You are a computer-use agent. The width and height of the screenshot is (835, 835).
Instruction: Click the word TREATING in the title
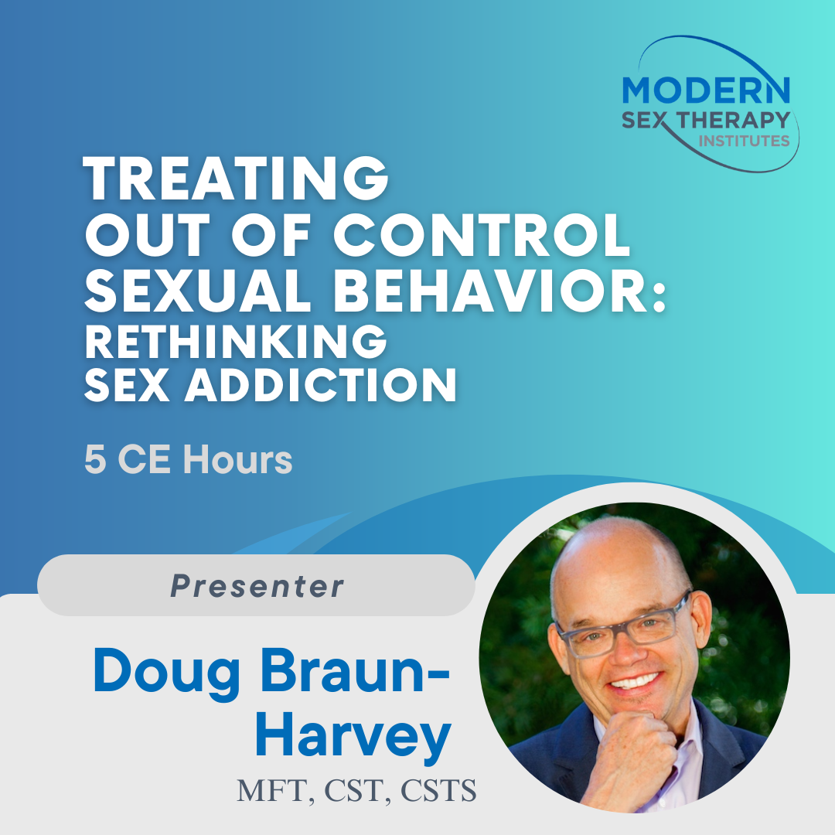click(x=236, y=179)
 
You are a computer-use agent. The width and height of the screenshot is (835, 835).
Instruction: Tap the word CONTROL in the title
click(x=482, y=235)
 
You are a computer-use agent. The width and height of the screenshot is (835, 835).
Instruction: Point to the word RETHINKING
click(x=236, y=342)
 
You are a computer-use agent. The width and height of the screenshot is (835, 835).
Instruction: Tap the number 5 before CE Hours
click(x=95, y=459)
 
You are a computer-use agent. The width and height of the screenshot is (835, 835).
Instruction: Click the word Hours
click(x=237, y=459)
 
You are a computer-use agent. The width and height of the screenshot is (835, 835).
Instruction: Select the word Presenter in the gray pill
click(x=257, y=586)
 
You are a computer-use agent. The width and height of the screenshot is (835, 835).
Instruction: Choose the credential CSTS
click(x=438, y=790)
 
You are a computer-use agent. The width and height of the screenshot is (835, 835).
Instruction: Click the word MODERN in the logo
click(x=706, y=90)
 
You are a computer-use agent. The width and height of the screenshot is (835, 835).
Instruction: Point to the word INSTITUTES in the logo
click(x=744, y=141)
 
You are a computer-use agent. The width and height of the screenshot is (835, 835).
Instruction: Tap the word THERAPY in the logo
click(x=734, y=121)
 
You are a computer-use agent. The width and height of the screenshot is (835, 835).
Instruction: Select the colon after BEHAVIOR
click(x=659, y=297)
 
